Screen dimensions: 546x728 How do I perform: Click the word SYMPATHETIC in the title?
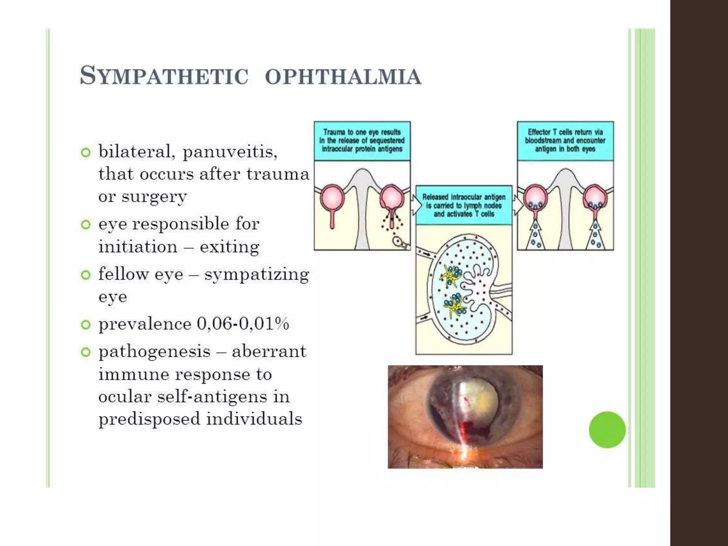(164, 76)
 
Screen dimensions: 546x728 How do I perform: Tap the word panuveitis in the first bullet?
(230, 152)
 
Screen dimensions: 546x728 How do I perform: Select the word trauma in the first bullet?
(278, 175)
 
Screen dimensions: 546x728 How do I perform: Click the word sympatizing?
(257, 275)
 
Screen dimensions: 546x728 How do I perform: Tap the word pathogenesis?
(155, 352)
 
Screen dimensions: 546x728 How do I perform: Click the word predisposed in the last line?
(149, 419)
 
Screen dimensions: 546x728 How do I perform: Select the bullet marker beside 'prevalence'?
(86, 325)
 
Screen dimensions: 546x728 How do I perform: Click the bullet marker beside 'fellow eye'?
(86, 275)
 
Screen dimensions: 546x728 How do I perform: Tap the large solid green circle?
(607, 429)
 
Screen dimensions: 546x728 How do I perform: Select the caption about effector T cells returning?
(565, 141)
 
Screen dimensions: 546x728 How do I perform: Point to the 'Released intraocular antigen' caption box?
(464, 205)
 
